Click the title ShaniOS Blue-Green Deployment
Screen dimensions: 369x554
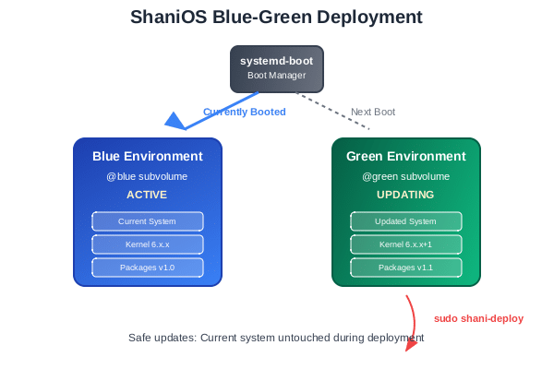pyautogui.click(x=276, y=18)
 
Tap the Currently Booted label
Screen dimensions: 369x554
pyautogui.click(x=244, y=112)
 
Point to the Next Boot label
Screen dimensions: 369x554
pyautogui.click(x=373, y=112)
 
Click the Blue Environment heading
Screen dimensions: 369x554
pyautogui.click(x=148, y=156)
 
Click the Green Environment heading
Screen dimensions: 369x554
pyautogui.click(x=406, y=156)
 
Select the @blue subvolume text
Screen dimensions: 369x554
pyautogui.click(x=148, y=175)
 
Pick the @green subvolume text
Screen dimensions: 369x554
pyautogui.click(x=406, y=175)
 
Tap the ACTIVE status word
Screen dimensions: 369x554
pyautogui.click(x=148, y=195)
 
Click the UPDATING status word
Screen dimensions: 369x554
pyautogui.click(x=406, y=195)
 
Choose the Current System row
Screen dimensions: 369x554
pyautogui.click(x=148, y=221)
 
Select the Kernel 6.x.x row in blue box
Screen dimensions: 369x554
pyautogui.click(x=148, y=244)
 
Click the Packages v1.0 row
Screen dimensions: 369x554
pyautogui.click(x=148, y=268)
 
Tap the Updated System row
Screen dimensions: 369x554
pyautogui.click(x=406, y=221)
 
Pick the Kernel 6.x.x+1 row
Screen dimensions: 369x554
pyautogui.click(x=406, y=244)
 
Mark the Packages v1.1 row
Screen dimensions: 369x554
pyautogui.click(x=406, y=268)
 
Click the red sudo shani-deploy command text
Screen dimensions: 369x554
pyautogui.click(x=478, y=318)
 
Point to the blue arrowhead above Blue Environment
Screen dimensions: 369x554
pyautogui.click(x=175, y=120)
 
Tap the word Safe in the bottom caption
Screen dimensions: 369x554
pyautogui.click(x=141, y=338)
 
